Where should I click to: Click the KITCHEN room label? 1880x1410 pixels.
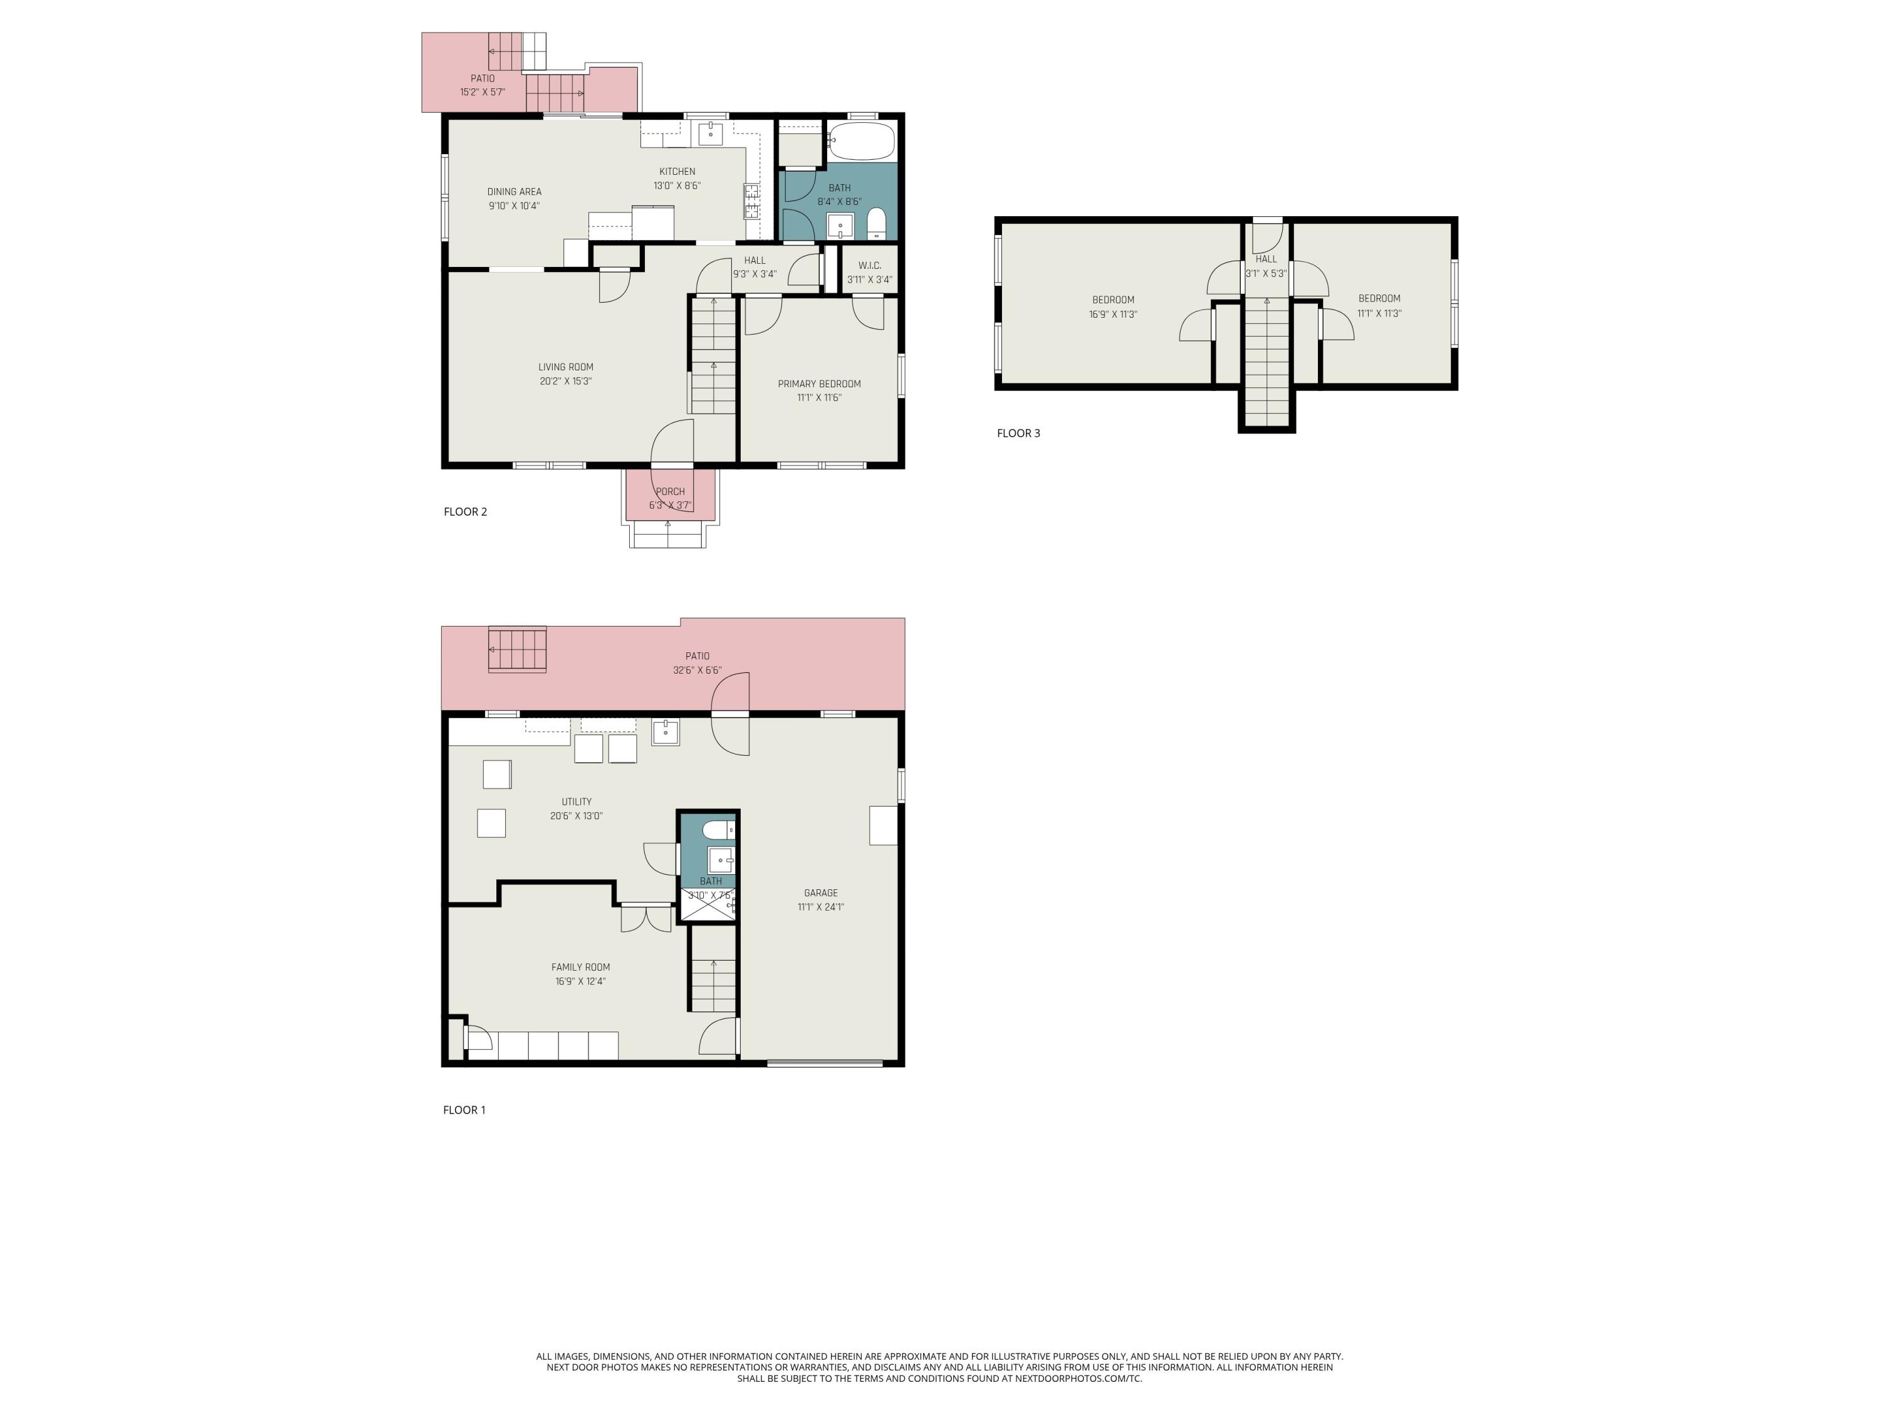click(x=677, y=172)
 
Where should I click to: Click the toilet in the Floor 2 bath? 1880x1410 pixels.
click(x=876, y=224)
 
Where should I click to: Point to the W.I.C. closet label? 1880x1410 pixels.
click(x=869, y=265)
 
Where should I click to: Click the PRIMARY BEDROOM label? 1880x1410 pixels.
click(x=819, y=384)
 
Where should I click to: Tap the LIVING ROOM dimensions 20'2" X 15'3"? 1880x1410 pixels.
click(x=565, y=382)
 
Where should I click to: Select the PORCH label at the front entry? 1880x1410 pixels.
click(x=670, y=492)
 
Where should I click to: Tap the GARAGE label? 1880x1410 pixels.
click(x=820, y=893)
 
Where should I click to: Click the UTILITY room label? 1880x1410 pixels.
click(x=577, y=802)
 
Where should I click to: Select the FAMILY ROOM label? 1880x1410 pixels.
click(x=580, y=967)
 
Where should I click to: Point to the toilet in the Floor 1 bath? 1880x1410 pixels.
click(x=718, y=828)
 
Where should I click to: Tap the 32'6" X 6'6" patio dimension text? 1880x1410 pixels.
click(x=697, y=671)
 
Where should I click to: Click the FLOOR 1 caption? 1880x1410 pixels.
click(x=464, y=1110)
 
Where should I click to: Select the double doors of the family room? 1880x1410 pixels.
click(x=646, y=919)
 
